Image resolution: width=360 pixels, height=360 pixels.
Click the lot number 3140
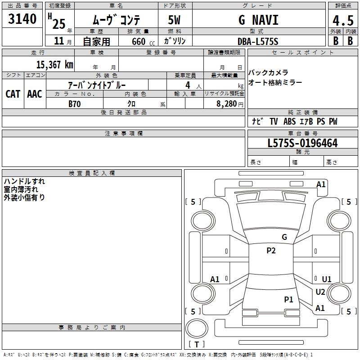(22, 19)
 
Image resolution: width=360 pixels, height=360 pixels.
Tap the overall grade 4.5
(342, 21)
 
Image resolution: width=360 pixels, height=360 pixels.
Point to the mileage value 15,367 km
(54, 64)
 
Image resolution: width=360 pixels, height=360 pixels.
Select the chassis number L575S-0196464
(302, 143)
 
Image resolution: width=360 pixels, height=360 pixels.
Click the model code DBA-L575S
(258, 41)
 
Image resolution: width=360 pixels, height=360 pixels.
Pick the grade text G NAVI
(258, 20)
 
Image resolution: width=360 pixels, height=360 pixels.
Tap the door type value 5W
(175, 20)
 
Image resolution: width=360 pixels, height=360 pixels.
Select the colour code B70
(75, 103)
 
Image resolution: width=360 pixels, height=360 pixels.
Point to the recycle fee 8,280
(226, 103)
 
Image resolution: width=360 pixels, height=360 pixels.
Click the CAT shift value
(13, 94)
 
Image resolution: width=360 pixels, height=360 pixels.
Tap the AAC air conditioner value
(35, 94)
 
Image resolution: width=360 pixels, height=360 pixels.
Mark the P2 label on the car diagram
(271, 251)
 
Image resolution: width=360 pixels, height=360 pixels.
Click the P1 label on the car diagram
(289, 299)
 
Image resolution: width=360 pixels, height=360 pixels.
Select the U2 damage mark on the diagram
(320, 292)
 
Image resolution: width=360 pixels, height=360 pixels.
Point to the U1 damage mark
(327, 279)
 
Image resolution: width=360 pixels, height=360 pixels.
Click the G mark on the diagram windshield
(284, 237)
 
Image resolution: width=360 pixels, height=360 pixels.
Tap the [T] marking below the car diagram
(197, 344)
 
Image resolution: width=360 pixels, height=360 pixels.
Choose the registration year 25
(58, 23)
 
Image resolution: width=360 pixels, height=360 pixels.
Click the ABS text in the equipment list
(290, 121)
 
